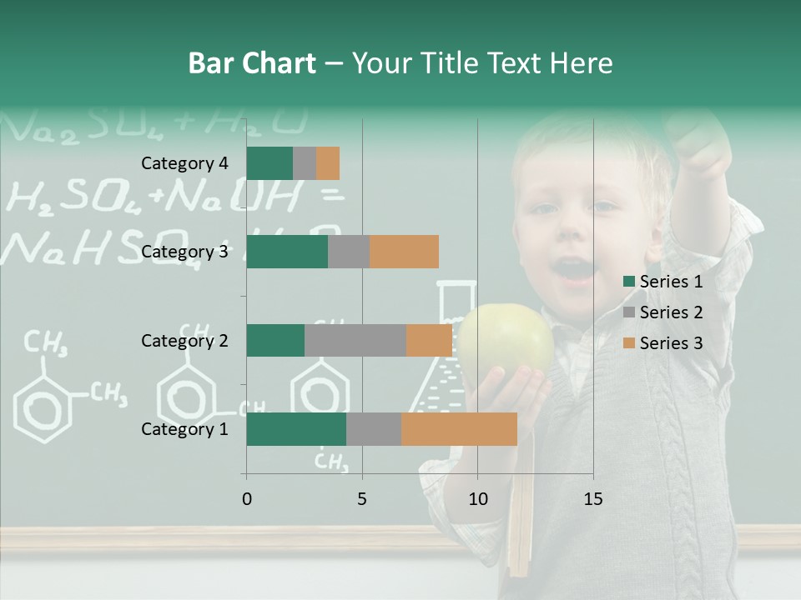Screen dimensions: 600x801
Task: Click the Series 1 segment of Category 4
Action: (x=270, y=163)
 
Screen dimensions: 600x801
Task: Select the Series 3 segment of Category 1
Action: (x=459, y=429)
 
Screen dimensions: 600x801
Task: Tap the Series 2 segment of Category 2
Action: (x=355, y=340)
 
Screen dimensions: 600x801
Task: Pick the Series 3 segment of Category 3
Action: (x=404, y=252)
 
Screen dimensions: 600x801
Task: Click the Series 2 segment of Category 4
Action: (x=305, y=163)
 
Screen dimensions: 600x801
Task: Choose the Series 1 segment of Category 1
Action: (x=296, y=429)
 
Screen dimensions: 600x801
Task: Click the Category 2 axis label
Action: (x=184, y=340)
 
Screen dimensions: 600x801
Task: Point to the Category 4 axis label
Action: (x=184, y=163)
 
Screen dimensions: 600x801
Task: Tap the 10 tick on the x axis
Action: (x=477, y=499)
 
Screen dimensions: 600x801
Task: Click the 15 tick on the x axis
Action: (x=592, y=499)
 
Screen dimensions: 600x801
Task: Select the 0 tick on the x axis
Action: (x=246, y=499)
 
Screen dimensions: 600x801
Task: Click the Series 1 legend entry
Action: (x=663, y=282)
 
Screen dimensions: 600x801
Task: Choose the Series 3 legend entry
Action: (x=663, y=343)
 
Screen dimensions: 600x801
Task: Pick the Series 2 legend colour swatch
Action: (x=628, y=312)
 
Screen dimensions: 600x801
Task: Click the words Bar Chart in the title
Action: (x=252, y=63)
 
